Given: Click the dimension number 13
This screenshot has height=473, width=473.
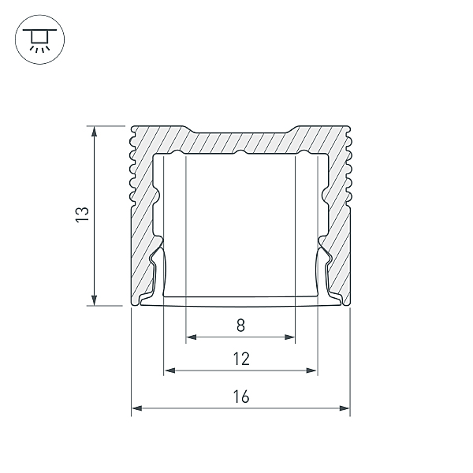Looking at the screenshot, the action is (x=82, y=214).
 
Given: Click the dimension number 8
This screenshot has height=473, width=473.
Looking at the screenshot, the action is (x=240, y=326).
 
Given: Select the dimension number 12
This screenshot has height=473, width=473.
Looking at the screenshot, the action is (x=241, y=359).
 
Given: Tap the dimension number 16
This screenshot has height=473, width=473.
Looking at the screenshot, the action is (x=241, y=397).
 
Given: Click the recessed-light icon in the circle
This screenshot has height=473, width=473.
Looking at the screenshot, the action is (x=40, y=39).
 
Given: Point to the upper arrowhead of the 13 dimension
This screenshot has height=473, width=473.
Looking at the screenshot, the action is (x=95, y=131).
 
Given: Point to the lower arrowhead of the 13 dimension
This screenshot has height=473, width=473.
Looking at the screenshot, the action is (x=95, y=300).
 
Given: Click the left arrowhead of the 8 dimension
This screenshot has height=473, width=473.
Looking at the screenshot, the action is (x=192, y=337).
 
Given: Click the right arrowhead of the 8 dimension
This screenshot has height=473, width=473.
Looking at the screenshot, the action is (x=289, y=337).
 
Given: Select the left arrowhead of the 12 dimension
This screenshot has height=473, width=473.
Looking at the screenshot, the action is (x=169, y=371).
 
